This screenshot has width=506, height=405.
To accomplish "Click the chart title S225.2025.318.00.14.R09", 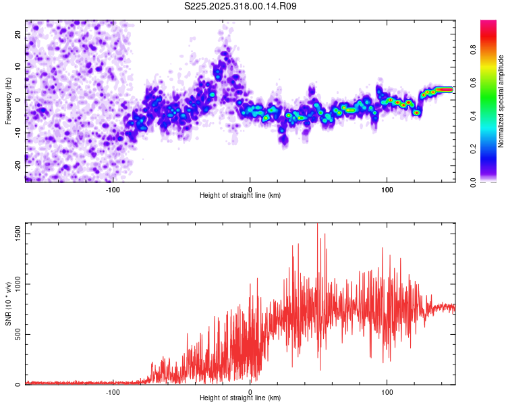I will (241, 7).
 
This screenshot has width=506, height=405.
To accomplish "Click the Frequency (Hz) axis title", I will (8, 101).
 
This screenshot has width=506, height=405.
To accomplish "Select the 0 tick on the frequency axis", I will (18, 100).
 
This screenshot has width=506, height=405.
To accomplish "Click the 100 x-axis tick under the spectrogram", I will (387, 189).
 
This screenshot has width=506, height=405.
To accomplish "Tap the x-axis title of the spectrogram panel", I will (240, 196).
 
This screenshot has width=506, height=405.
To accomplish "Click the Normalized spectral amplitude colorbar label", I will (501, 102).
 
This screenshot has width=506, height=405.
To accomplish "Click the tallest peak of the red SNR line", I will (317, 225).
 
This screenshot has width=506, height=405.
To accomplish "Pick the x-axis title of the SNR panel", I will (240, 398).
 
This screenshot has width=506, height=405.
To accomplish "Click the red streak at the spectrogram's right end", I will (444, 89).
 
